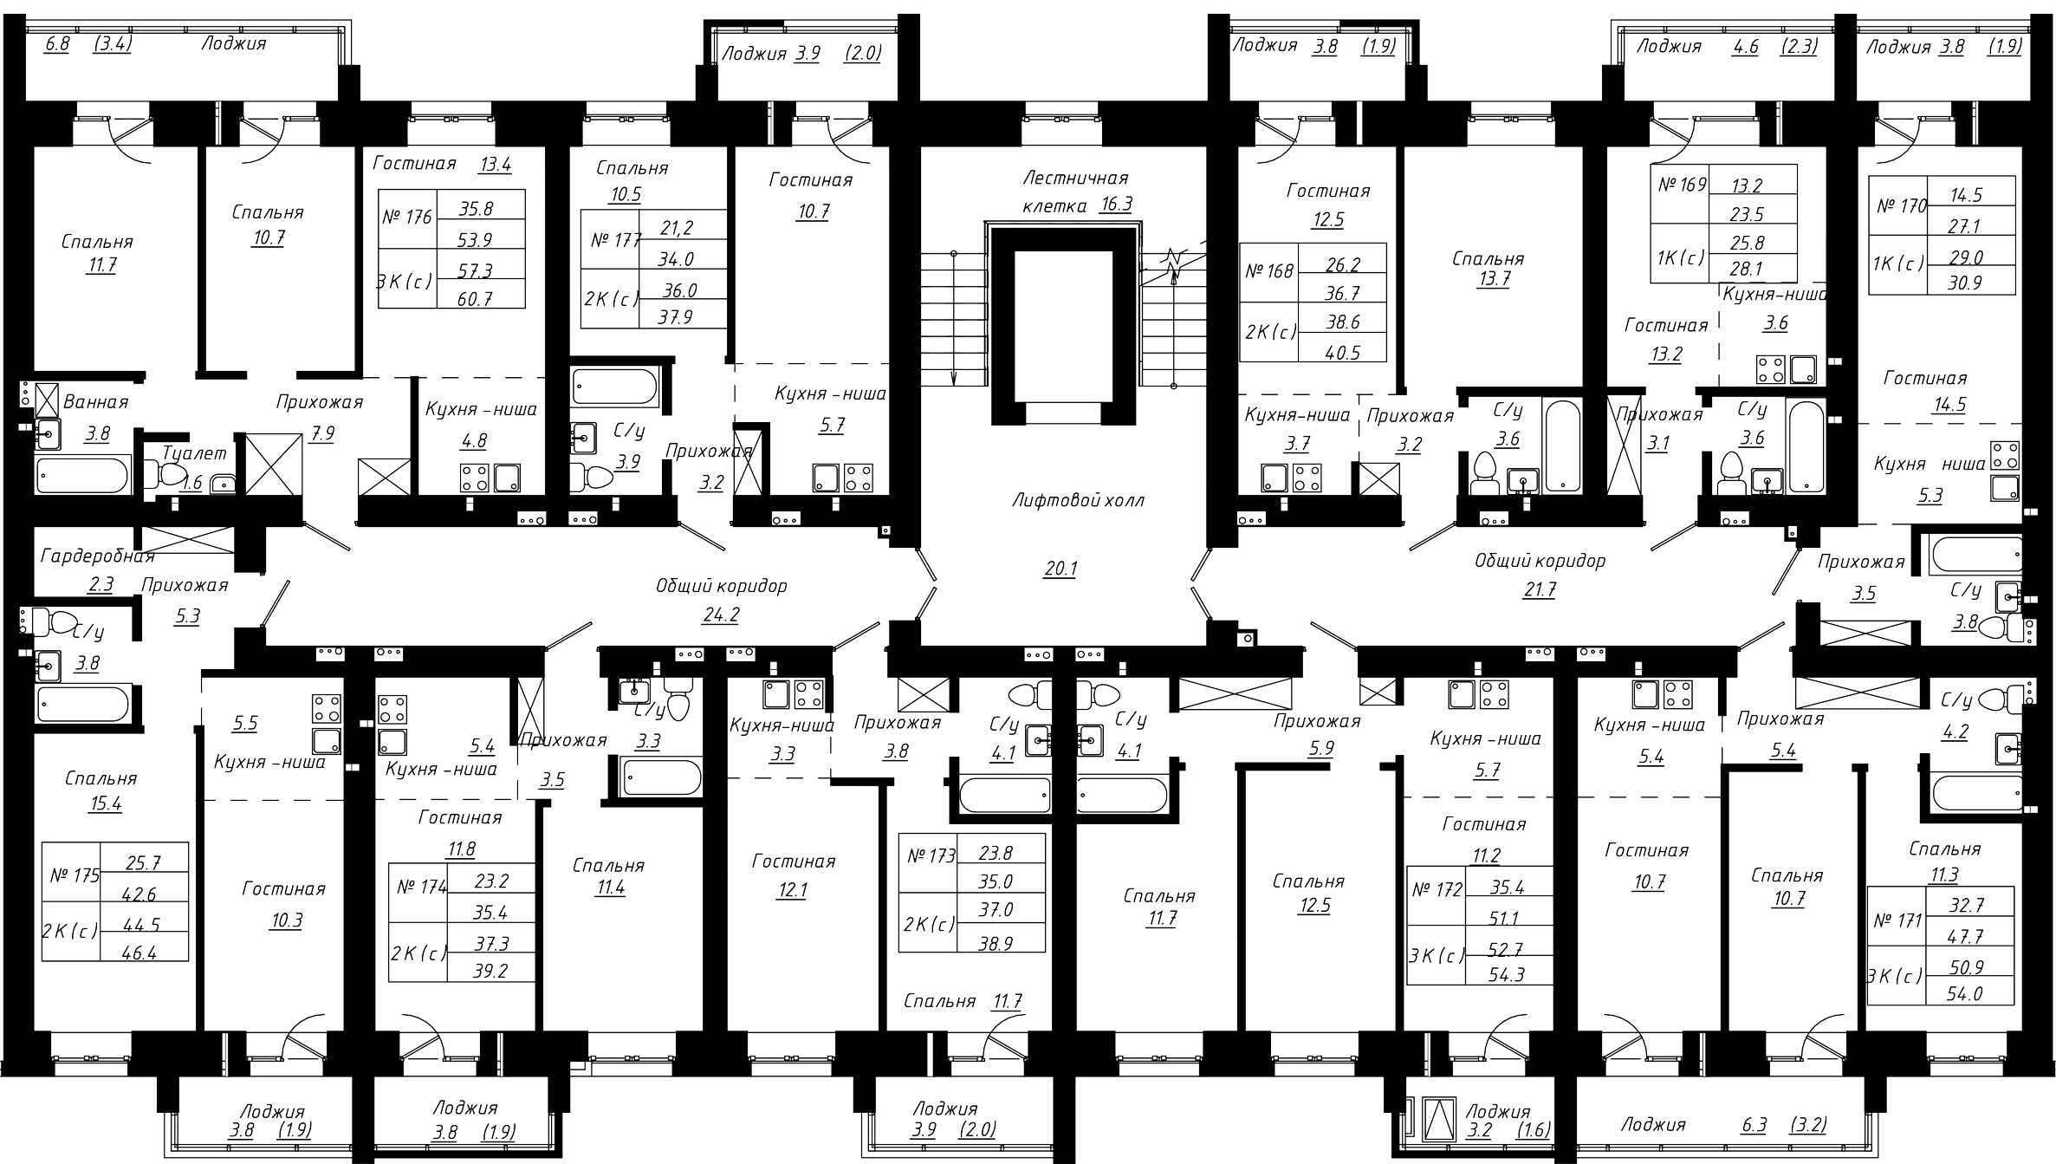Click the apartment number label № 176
406,217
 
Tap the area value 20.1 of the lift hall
1060,569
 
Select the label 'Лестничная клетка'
1075,192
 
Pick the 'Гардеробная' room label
97,556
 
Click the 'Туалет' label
195,453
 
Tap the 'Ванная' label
95,402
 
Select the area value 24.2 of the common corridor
722,615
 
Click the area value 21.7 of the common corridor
1540,590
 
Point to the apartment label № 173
931,856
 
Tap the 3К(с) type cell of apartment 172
1437,956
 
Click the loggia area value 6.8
56,43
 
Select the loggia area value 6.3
1754,1126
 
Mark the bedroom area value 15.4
106,803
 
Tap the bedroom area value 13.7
1493,280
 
